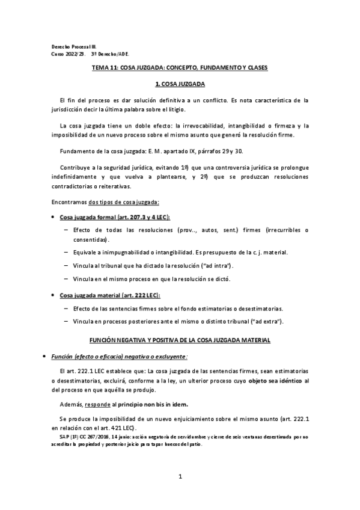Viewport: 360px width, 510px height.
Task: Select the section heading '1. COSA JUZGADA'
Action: click(x=180, y=85)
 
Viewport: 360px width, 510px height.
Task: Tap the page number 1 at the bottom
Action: click(x=180, y=477)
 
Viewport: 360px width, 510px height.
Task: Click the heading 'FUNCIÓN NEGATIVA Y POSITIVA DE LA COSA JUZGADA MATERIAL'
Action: click(x=180, y=340)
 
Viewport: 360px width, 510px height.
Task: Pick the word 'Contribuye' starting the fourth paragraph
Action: click(x=75, y=166)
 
